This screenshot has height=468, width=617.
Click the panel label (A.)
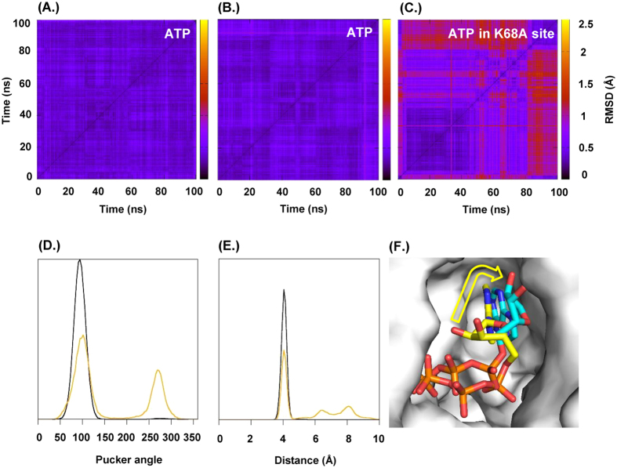click(x=52, y=9)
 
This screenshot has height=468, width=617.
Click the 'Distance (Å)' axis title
click(x=299, y=458)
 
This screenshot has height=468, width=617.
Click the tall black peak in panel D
click(x=80, y=261)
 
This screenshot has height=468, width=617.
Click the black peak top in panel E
click(x=284, y=290)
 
